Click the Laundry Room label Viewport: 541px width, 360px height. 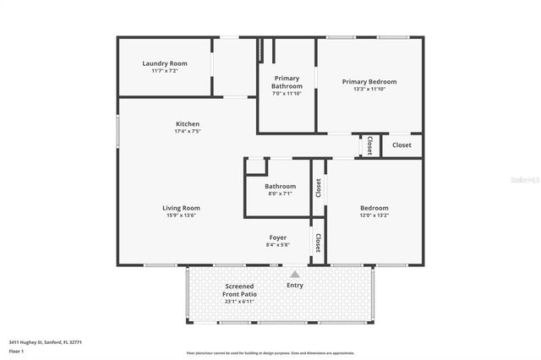click(x=164, y=63)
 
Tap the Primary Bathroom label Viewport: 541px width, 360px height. click(x=286, y=82)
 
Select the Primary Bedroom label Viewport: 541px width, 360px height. click(x=369, y=81)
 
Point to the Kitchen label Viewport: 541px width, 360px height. click(x=187, y=124)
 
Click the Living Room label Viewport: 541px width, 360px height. click(x=181, y=208)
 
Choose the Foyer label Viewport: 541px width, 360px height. click(x=278, y=237)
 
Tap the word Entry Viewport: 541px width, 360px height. click(x=294, y=285)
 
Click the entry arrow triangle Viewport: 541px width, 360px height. click(x=294, y=274)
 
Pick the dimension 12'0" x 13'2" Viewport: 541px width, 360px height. click(x=374, y=215)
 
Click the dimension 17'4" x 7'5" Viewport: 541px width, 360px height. click(x=187, y=132)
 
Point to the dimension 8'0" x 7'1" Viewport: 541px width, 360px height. click(x=280, y=194)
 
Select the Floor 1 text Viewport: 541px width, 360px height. click(x=17, y=351)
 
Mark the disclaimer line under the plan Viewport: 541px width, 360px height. click(x=270, y=352)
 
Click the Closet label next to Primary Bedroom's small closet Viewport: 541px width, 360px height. click(x=402, y=145)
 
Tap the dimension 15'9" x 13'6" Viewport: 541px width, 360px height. click(x=181, y=215)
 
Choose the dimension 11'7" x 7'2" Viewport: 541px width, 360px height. click(x=164, y=71)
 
